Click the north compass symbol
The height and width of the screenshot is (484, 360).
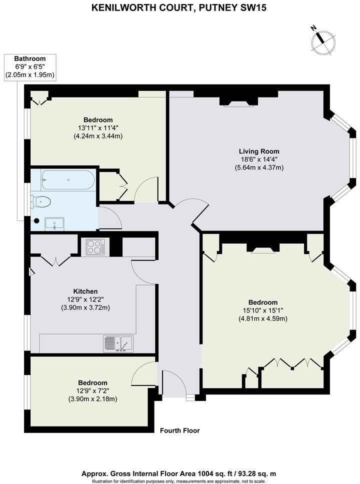click(322, 40)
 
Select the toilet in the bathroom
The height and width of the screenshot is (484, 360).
click(41, 202)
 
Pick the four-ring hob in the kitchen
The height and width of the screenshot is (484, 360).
click(95, 246)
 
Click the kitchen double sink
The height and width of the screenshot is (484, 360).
click(118, 343)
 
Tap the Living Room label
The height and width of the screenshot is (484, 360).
click(258, 151)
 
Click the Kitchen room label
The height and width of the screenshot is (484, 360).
click(85, 291)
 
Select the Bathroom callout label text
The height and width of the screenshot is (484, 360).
click(29, 58)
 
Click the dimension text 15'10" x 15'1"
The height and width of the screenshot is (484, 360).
click(263, 310)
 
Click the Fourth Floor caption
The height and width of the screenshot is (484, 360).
click(179, 430)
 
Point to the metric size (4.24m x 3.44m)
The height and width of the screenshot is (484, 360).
click(98, 136)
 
